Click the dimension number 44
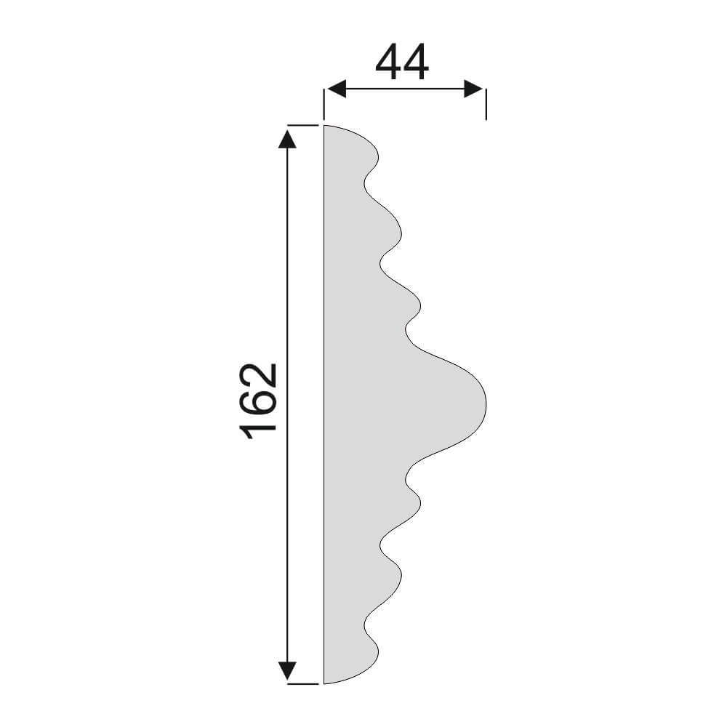click(402, 62)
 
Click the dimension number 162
click(258, 401)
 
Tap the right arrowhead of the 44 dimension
click(474, 89)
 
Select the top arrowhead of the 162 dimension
click(287, 138)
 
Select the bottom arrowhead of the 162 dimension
click(287, 671)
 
